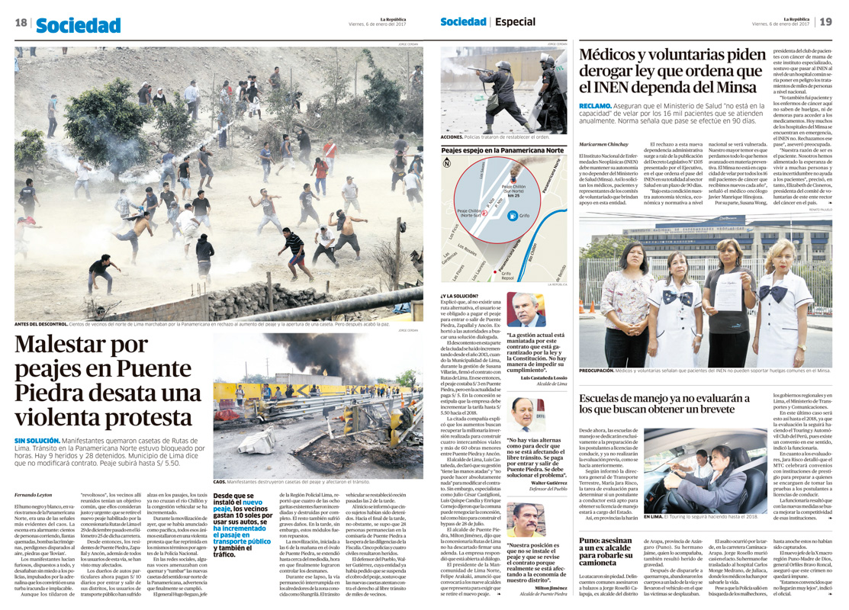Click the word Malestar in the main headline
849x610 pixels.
(x=62, y=345)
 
